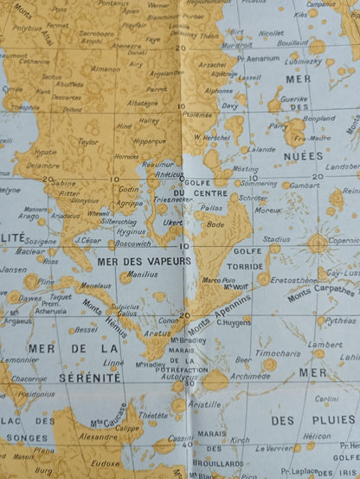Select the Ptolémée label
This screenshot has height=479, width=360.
(198, 113)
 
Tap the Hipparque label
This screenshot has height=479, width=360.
(148, 141)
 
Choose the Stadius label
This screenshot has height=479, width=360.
(276, 238)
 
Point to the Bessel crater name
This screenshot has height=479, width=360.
(86, 329)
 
